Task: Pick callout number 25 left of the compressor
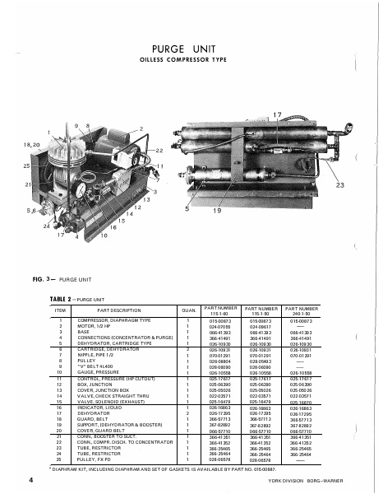(x=25, y=166)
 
